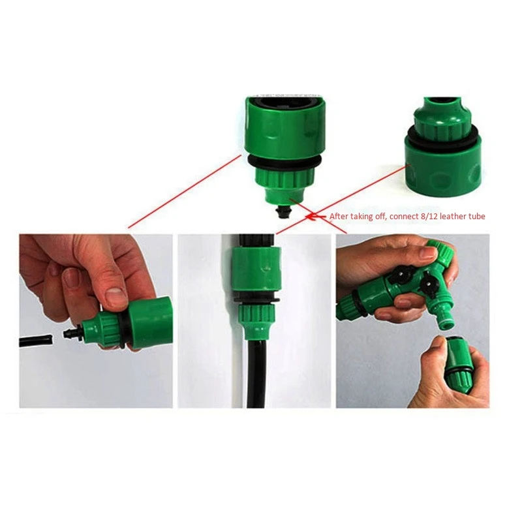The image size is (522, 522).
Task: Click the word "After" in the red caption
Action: point(339,216)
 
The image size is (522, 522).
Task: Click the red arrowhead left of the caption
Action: point(314,216)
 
